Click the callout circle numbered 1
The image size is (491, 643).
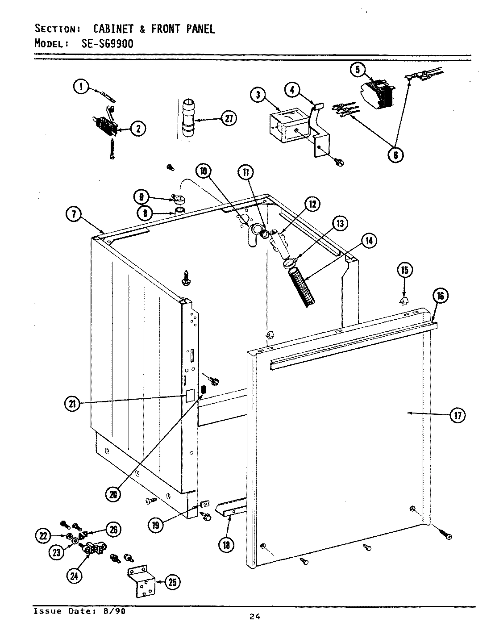[81, 87]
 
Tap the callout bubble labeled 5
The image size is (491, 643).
[358, 70]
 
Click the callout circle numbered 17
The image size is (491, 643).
[457, 415]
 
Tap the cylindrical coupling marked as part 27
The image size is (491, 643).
[188, 118]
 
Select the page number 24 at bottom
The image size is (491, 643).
[255, 617]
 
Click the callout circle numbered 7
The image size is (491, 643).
[74, 215]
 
